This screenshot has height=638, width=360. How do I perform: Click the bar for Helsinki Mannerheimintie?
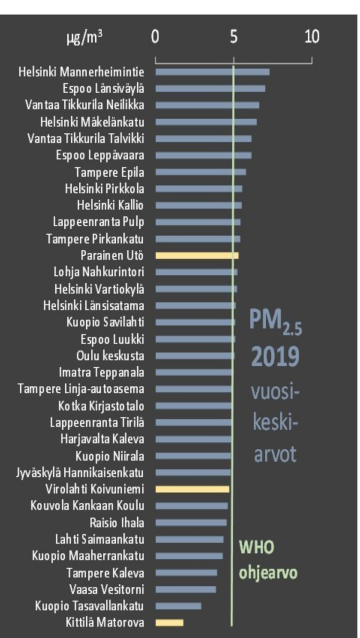[x=212, y=72]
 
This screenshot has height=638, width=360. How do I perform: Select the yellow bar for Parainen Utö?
[x=197, y=255]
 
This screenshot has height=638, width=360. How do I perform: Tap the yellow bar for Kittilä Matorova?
[x=169, y=622]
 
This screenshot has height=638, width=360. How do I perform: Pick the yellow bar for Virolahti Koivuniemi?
[x=192, y=489]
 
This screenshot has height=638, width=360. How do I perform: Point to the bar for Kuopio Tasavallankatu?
[x=178, y=606]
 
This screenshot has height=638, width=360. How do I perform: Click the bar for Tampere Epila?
[x=200, y=172]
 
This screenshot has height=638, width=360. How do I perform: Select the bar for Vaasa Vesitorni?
[x=186, y=589]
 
